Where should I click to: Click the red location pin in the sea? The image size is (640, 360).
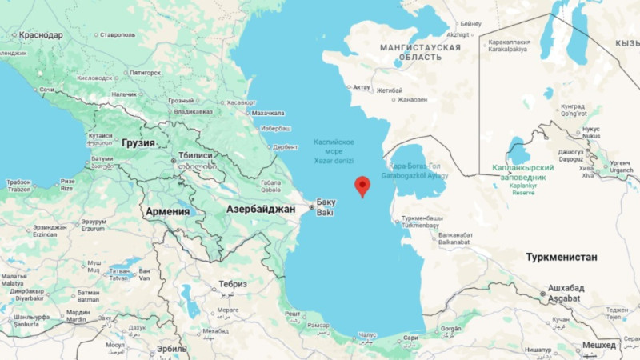point(362,186)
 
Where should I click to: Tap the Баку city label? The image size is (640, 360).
point(326,201)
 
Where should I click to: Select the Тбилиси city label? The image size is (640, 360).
point(194,155)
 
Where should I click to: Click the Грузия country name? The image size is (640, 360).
point(138,142)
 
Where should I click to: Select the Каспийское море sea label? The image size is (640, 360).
point(334,146)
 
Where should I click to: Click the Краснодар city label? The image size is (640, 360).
point(41,34)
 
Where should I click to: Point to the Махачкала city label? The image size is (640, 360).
point(268,114)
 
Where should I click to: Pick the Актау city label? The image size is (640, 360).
point(362,86)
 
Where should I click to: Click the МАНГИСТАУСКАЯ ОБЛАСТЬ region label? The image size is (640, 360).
point(420,52)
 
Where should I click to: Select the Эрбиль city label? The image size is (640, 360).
point(171,349)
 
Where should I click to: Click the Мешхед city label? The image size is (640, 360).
point(599,345)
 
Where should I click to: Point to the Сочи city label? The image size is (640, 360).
point(46,90)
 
